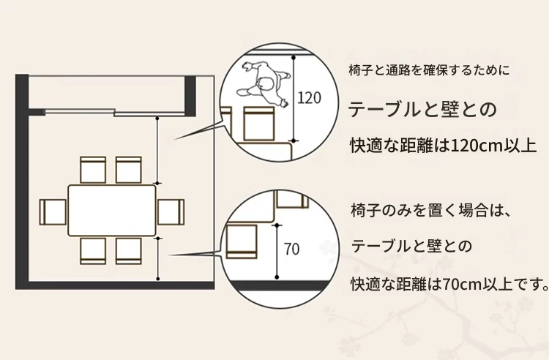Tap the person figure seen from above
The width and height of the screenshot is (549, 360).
click(261, 83)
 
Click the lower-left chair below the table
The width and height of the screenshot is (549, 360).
click(93, 250)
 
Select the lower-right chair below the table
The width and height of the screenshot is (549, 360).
click(128, 250)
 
